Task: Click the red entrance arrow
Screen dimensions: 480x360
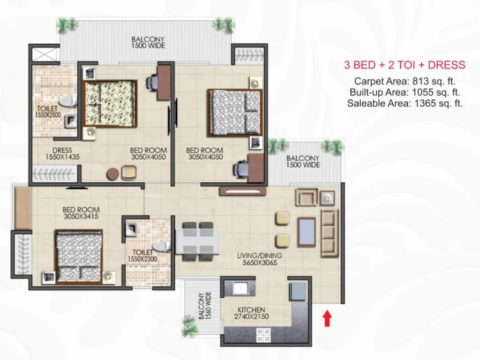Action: tap(327, 318)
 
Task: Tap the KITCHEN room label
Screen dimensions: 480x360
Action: tap(251, 310)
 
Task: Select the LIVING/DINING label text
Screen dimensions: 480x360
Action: tap(260, 255)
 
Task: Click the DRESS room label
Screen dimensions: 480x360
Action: tap(62, 150)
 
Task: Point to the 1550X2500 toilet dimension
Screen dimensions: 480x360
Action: tap(48, 115)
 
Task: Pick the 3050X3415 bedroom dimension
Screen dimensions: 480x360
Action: tap(81, 216)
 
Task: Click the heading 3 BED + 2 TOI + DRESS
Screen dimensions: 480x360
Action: tap(405, 65)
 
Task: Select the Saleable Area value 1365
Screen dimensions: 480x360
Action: tap(424, 103)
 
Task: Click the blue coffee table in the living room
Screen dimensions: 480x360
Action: tap(306, 232)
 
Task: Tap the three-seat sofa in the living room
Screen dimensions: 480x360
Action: tap(329, 233)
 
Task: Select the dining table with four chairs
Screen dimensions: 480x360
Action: tap(197, 241)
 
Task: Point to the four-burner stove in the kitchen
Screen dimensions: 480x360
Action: tap(264, 335)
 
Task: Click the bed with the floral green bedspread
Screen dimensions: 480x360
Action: tap(110, 103)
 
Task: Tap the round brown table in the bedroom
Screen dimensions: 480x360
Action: tap(112, 174)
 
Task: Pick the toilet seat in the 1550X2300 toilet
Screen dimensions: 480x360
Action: tap(162, 246)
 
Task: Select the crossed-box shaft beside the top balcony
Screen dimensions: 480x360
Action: tap(45, 54)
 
